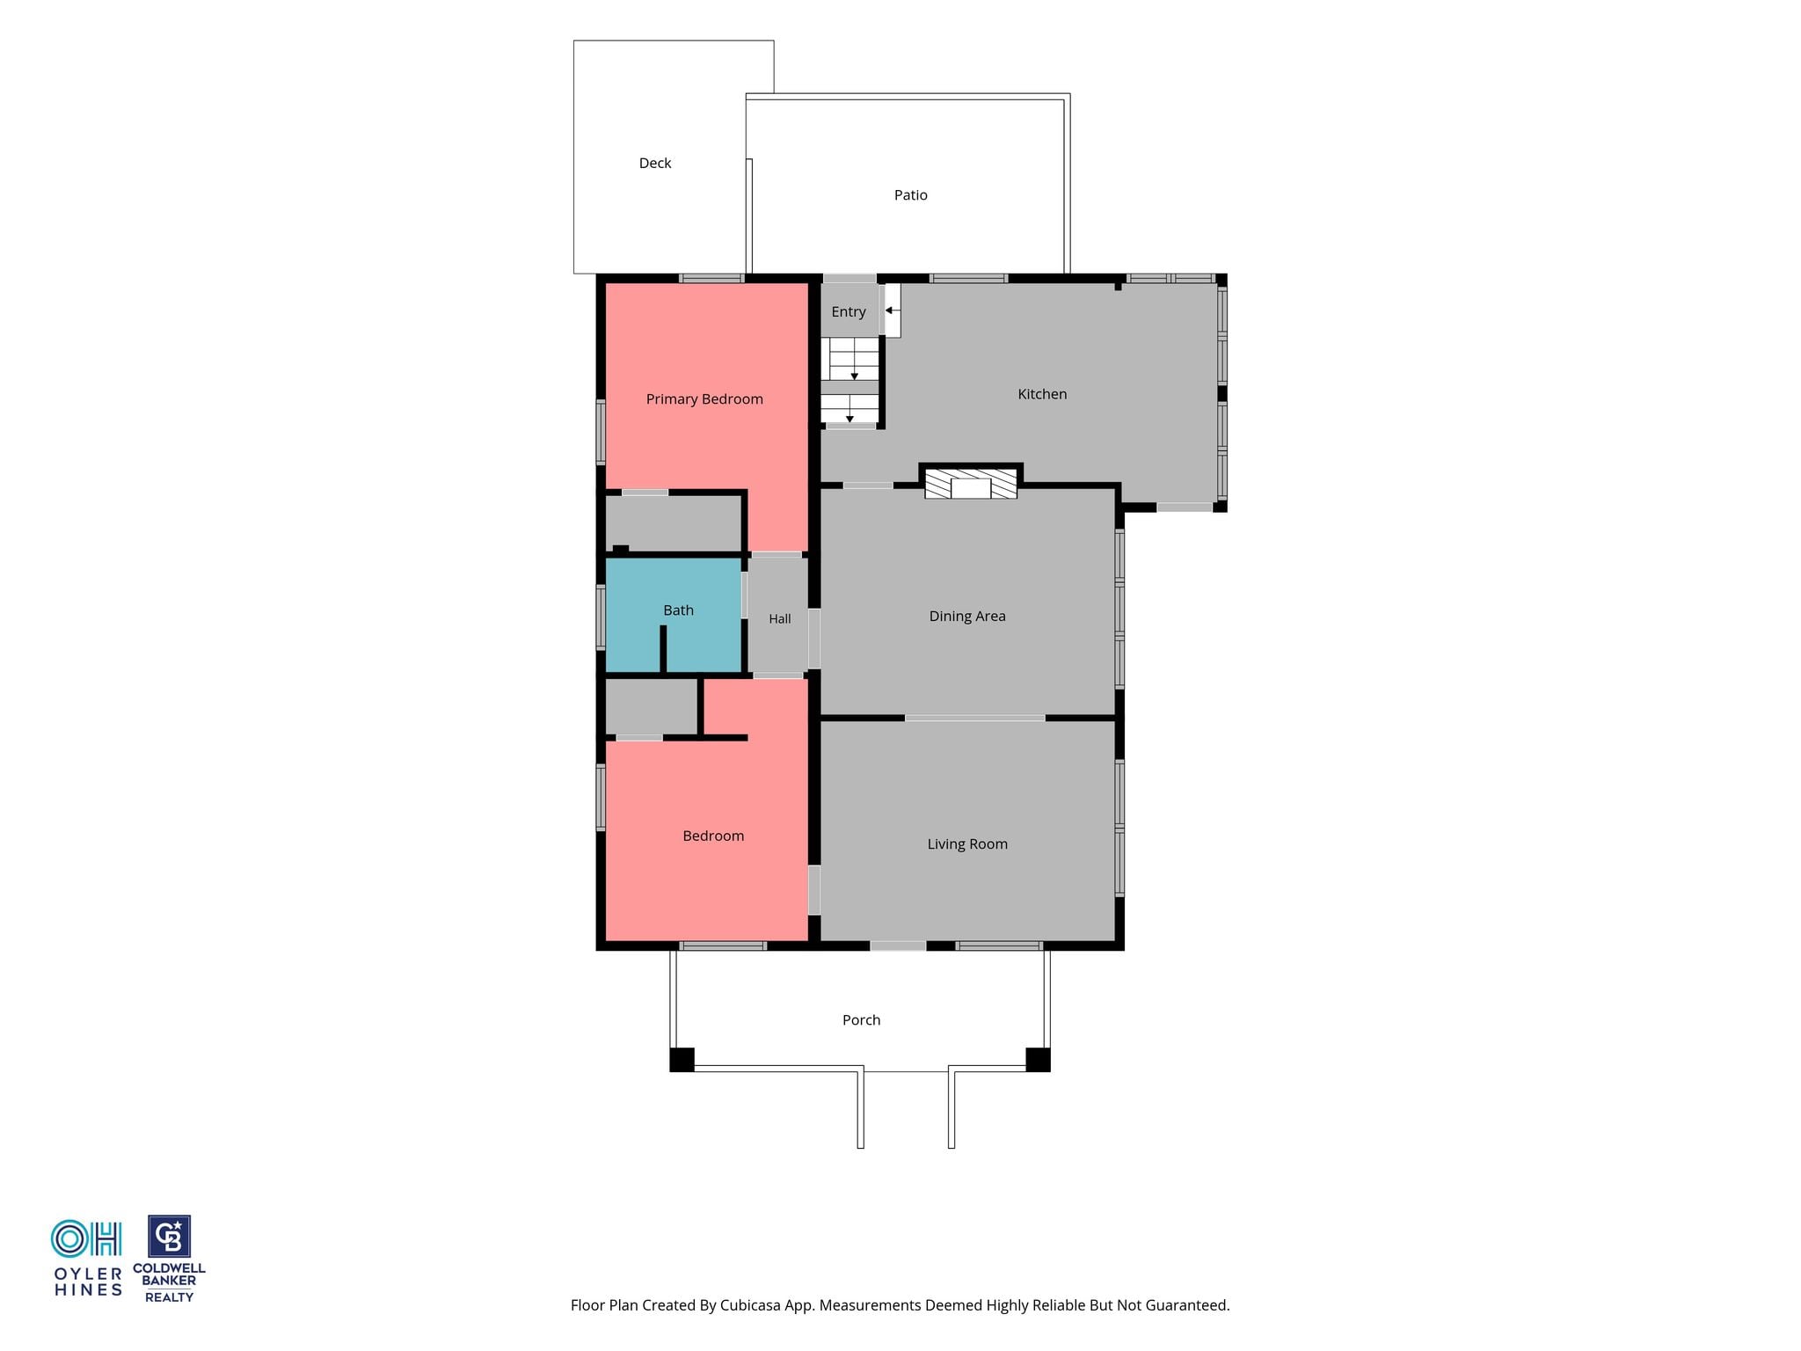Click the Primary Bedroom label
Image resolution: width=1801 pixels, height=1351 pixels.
pyautogui.click(x=704, y=399)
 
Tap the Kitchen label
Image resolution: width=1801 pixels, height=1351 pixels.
pyautogui.click(x=1042, y=394)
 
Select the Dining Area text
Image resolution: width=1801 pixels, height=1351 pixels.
pyautogui.click(x=967, y=617)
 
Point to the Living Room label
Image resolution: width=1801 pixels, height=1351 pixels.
pyautogui.click(x=967, y=844)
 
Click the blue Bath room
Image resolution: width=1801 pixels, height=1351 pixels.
pyautogui.click(x=674, y=615)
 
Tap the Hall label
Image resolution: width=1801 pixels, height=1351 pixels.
pyautogui.click(x=780, y=619)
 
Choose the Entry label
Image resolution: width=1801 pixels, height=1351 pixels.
pyautogui.click(x=849, y=312)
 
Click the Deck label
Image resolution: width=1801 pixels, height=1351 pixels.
pyautogui.click(x=655, y=164)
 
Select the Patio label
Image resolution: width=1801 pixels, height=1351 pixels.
pyautogui.click(x=911, y=195)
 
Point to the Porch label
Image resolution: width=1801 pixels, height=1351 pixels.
pyautogui.click(x=862, y=1020)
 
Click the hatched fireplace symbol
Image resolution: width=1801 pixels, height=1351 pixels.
pyautogui.click(x=971, y=484)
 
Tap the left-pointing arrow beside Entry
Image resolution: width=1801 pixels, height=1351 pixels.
pyautogui.click(x=891, y=310)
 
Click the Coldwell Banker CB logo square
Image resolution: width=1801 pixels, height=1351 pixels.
pyautogui.click(x=169, y=1237)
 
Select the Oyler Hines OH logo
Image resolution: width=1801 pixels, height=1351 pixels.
pyautogui.click(x=86, y=1239)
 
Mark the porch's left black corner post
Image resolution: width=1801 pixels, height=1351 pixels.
pyautogui.click(x=682, y=1060)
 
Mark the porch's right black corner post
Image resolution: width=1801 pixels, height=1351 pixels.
pyautogui.click(x=1038, y=1060)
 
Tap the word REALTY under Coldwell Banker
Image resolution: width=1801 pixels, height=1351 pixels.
pyautogui.click(x=169, y=1297)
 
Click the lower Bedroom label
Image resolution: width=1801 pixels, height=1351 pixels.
pyautogui.click(x=713, y=836)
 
